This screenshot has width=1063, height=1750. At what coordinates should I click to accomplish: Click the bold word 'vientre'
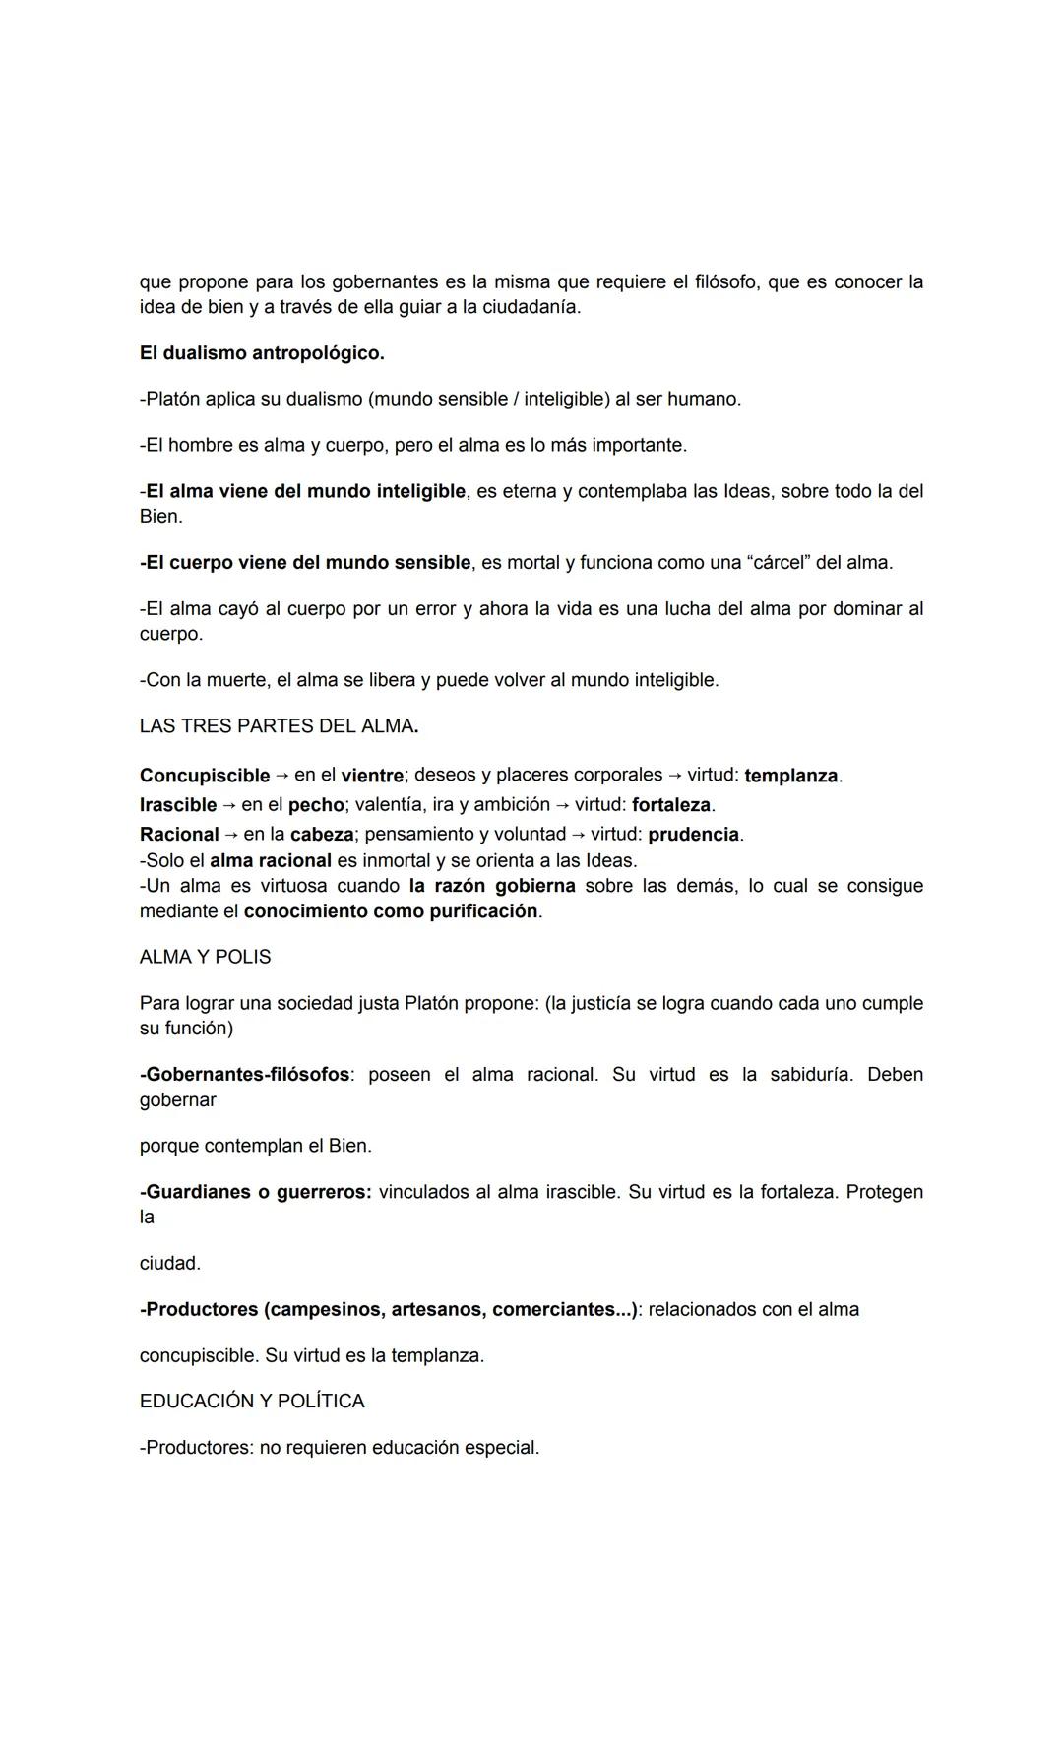coord(372,775)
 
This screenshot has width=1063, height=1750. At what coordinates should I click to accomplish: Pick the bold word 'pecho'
coord(316,804)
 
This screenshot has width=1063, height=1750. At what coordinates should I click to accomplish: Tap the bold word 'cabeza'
coord(321,834)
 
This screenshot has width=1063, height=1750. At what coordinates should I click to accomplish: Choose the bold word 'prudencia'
coord(693,834)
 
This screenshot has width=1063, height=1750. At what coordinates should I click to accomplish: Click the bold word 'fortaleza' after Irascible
coord(671,804)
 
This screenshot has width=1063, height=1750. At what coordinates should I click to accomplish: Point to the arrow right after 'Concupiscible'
coord(281,775)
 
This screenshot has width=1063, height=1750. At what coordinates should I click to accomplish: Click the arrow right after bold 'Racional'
coord(231,834)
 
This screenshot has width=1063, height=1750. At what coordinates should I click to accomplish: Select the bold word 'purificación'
coord(483,910)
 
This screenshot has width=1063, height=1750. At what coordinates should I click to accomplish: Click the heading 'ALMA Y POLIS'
coord(205,957)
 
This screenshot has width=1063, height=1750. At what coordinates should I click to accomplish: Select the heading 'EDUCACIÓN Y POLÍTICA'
coord(252,1401)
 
